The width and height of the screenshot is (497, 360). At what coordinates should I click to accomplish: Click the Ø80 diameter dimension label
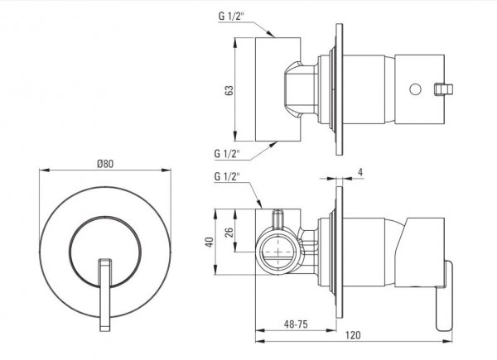[105, 164]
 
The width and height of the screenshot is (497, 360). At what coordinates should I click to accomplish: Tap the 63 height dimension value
[229, 90]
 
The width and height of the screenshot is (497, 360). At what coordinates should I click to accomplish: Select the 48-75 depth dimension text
[296, 324]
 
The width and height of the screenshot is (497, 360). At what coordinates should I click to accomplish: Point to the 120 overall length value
[353, 335]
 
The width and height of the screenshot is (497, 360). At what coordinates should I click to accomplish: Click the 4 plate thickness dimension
[360, 172]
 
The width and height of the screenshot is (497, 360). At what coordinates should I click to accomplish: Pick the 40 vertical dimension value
[210, 242]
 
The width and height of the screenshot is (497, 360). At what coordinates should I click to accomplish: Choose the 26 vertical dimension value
[229, 233]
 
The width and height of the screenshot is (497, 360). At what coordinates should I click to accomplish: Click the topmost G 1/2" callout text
[231, 17]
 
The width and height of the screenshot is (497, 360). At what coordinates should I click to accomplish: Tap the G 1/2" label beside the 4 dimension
[227, 176]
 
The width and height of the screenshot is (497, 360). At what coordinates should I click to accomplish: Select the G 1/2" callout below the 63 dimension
[227, 154]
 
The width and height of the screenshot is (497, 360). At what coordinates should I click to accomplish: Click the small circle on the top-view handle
[415, 89]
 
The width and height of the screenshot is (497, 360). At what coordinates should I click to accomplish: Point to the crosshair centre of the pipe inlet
[278, 252]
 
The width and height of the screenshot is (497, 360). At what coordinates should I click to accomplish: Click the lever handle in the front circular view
[105, 295]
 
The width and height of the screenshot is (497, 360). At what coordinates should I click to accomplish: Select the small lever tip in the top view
[443, 89]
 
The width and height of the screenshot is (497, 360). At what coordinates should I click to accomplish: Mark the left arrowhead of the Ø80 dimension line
[44, 170]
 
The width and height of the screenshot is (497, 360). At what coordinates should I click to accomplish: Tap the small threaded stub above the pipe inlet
[278, 218]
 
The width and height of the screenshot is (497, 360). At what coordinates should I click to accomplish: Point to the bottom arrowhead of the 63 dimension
[235, 137]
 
